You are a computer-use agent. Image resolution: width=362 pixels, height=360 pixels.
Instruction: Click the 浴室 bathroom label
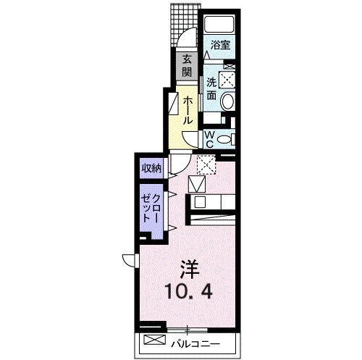[x=220, y=45]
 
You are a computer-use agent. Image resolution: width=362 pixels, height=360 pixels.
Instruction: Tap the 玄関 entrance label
[x=187, y=65]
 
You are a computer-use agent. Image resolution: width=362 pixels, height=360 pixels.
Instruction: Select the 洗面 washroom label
[x=211, y=88]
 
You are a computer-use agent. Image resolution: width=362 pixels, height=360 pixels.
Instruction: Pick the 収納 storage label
[x=151, y=169]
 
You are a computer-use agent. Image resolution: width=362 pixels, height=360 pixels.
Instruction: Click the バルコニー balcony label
[x=195, y=341]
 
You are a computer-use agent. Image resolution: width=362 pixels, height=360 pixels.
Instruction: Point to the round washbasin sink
[x=227, y=101]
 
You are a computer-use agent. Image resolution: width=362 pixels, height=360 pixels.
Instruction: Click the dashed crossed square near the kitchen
[x=206, y=166]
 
